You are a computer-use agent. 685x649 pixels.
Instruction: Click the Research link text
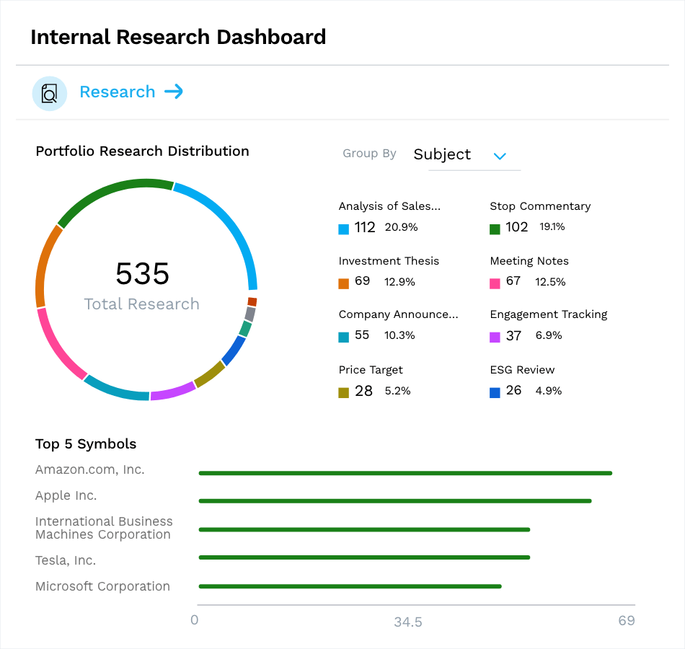coord(117,92)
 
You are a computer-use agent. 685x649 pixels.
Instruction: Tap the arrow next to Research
coord(174,92)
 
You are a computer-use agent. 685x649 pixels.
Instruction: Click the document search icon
coord(49,93)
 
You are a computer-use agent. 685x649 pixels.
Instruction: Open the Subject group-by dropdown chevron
coord(499,156)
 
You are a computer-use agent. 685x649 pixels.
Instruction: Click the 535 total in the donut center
coord(143,274)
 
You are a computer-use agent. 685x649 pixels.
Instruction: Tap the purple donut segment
coord(173,391)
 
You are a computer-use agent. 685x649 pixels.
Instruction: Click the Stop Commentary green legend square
coord(495,229)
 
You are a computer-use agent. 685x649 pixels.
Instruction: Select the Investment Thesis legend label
coord(389,261)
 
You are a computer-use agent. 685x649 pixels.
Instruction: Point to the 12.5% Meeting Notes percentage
coord(550,282)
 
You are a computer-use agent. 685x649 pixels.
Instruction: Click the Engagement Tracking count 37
coord(513,336)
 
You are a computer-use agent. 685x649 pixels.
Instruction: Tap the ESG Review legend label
coord(522,370)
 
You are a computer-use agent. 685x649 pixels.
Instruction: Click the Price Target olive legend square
coord(343,393)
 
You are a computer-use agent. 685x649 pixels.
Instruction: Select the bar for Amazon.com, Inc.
coord(405,473)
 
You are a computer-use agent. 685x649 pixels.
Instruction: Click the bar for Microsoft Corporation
coord(350,586)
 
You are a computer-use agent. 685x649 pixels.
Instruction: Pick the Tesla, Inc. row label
coord(66,560)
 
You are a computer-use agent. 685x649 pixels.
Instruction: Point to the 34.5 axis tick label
coord(408,622)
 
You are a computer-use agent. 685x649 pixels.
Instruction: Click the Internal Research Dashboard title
coord(178,37)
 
